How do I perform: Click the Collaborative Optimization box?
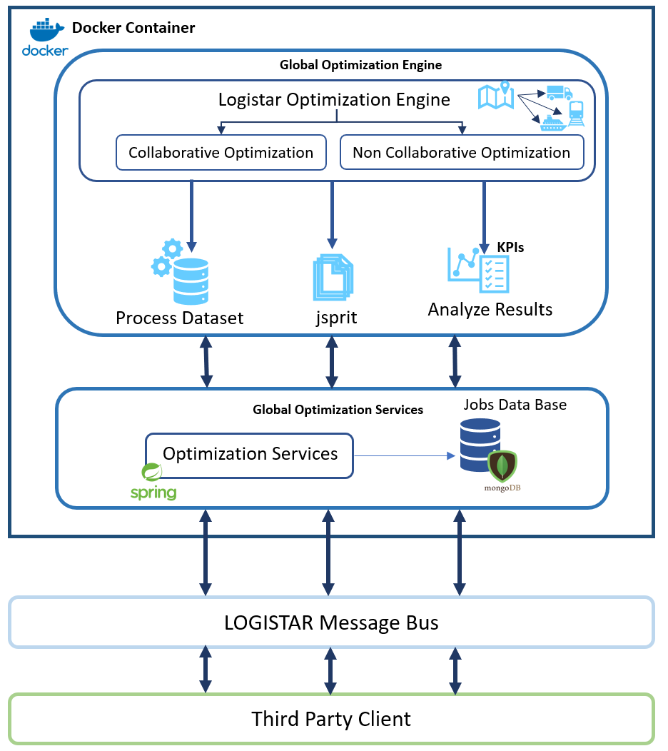point(221,153)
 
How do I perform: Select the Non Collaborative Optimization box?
point(461,153)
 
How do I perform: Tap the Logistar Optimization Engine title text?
point(334,100)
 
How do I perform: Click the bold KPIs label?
point(510,247)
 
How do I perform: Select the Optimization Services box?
point(249,455)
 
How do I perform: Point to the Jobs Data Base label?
point(515,405)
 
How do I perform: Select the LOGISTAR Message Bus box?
point(331,623)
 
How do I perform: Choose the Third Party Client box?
point(331,718)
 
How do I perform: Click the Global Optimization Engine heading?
point(360,65)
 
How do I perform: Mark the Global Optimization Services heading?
point(338,410)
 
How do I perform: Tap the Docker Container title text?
point(133,29)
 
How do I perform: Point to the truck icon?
point(559,93)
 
